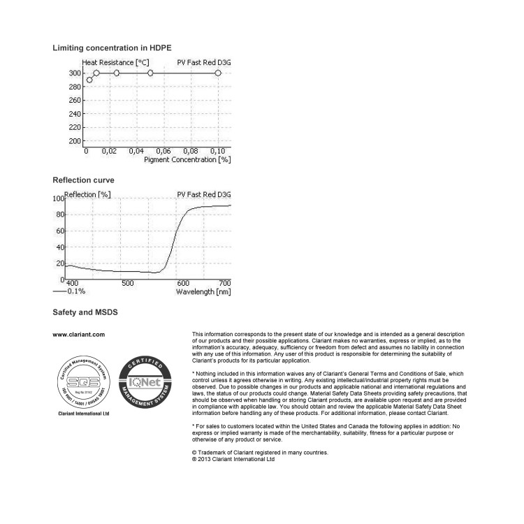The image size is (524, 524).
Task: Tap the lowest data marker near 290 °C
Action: click(89, 80)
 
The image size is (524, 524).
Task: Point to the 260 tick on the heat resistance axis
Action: click(75, 100)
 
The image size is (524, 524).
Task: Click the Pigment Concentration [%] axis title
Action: click(187, 159)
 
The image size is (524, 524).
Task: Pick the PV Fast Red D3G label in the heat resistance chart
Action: click(203, 63)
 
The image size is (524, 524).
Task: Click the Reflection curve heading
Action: click(83, 180)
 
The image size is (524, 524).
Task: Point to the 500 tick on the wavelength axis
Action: click(127, 283)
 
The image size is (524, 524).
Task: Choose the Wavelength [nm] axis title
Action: click(203, 291)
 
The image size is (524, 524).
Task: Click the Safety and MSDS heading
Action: click(85, 312)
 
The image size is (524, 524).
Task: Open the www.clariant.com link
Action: click(79, 335)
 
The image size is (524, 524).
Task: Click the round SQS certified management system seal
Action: click(82, 381)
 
